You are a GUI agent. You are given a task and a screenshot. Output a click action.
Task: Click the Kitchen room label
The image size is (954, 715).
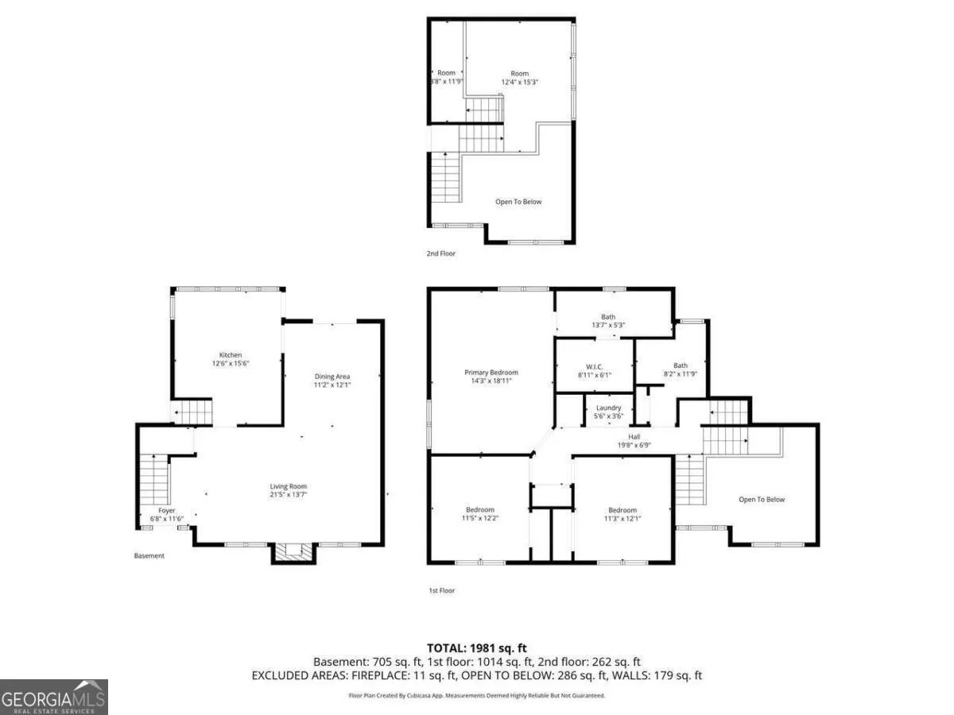(x=231, y=354)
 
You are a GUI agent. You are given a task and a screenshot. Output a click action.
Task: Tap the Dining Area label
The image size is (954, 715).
(x=332, y=377)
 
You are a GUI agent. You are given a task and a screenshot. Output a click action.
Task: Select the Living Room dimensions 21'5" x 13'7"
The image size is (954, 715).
(x=288, y=494)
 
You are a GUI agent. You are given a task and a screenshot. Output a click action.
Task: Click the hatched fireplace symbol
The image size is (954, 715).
(x=294, y=551)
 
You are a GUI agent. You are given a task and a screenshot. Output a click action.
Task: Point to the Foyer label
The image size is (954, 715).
(x=166, y=511)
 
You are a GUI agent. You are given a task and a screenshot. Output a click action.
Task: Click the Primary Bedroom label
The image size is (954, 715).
(x=491, y=373)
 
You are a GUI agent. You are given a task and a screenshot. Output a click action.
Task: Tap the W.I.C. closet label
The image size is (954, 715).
(x=594, y=367)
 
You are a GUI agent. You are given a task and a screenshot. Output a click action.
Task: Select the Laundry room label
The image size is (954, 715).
(x=608, y=408)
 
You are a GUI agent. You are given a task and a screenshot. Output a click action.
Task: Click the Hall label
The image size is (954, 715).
(x=634, y=437)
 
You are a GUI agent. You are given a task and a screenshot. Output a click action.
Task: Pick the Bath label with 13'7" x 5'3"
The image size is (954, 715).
(x=608, y=317)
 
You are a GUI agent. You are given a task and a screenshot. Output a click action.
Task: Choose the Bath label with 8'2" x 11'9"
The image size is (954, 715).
(x=681, y=365)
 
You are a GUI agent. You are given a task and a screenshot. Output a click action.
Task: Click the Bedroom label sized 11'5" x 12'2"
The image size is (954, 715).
(x=480, y=510)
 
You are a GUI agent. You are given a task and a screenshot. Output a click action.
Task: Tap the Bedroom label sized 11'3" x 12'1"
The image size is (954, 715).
(x=622, y=510)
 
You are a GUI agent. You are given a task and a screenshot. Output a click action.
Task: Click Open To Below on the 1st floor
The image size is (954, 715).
(x=762, y=500)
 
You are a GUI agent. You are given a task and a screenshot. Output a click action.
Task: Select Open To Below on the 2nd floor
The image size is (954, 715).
(x=518, y=202)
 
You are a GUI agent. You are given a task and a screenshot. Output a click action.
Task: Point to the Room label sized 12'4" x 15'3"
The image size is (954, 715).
(x=519, y=74)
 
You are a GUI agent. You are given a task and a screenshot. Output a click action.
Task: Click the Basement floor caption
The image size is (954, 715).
(x=149, y=555)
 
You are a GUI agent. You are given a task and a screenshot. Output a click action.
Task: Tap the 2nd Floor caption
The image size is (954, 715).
(x=440, y=253)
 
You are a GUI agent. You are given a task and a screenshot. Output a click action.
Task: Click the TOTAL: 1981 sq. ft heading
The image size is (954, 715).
(x=476, y=648)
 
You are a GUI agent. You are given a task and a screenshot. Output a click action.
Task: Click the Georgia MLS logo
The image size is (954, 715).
(x=53, y=697)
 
